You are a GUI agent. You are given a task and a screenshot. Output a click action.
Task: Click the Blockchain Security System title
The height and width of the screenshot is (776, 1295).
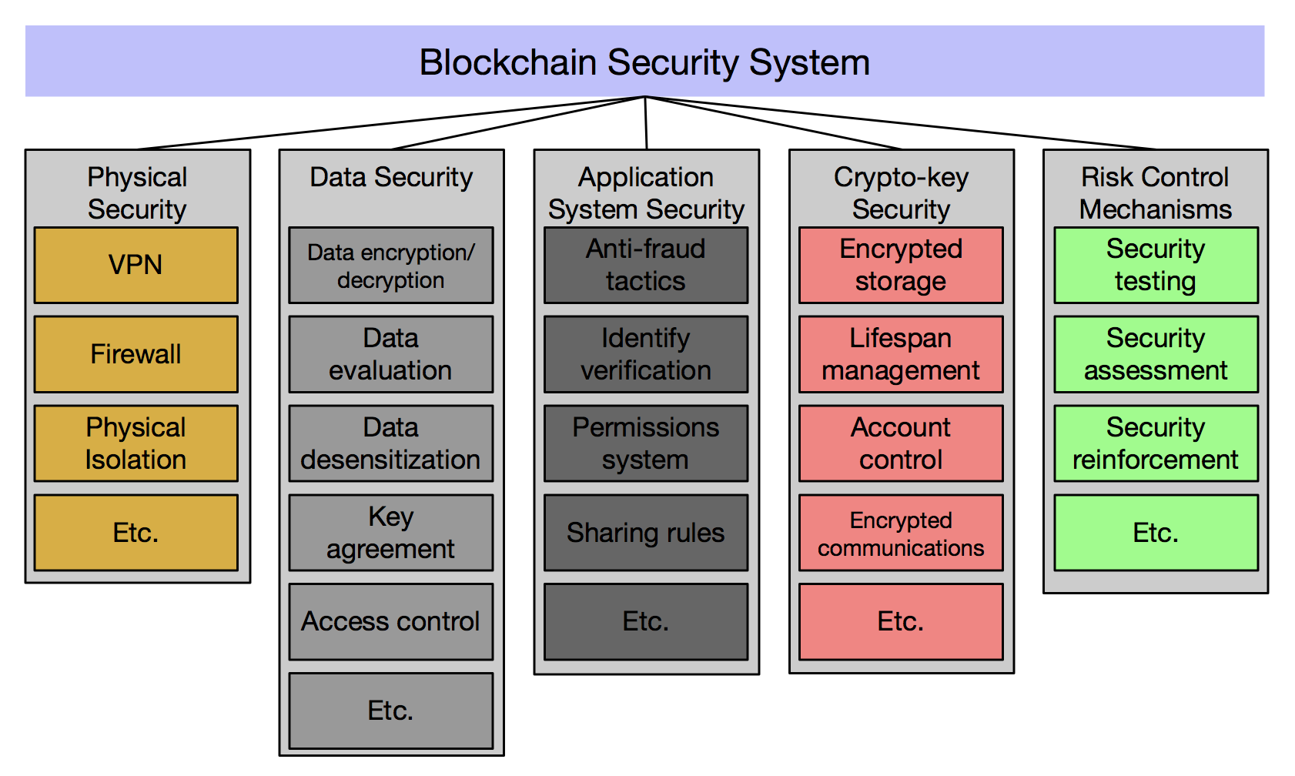[644, 62]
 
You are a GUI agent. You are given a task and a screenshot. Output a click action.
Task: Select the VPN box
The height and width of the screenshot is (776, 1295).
[136, 265]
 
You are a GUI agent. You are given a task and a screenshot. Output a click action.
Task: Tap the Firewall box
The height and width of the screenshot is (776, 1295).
[136, 354]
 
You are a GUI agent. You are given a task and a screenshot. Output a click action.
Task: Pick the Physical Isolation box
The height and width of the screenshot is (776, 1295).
[136, 443]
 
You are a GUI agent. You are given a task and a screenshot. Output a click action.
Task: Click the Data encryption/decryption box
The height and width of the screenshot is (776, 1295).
[390, 266]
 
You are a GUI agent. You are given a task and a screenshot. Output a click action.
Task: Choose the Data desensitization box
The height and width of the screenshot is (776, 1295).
[390, 443]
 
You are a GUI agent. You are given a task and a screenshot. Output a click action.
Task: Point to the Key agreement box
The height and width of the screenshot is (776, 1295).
[390, 533]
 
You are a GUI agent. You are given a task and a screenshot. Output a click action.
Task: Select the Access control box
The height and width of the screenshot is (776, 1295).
[390, 621]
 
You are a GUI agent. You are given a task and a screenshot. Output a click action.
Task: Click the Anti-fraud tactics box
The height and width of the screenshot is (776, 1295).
[645, 265]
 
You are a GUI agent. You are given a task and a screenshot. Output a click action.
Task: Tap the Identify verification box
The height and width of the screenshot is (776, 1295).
[645, 354]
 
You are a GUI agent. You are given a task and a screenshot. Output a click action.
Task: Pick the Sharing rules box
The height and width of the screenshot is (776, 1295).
[645, 533]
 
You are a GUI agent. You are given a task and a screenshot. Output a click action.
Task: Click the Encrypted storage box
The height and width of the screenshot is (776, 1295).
[901, 265]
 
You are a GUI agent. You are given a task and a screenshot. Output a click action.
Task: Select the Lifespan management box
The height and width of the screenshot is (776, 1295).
[901, 354]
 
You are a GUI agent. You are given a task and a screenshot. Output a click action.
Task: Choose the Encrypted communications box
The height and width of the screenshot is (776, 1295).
[901, 533]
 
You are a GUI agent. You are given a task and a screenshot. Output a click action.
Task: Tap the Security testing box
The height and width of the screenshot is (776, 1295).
[1156, 265]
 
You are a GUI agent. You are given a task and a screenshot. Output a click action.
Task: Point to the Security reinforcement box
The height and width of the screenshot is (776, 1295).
[1156, 443]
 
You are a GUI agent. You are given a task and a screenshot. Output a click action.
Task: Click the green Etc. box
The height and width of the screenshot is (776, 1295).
[1156, 533]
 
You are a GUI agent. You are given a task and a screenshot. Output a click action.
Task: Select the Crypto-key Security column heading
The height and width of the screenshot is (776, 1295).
[901, 192]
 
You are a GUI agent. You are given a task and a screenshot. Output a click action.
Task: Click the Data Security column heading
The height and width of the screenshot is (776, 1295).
[391, 177]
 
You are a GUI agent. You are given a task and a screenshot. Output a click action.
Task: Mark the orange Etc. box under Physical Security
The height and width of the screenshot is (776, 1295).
[136, 533]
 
